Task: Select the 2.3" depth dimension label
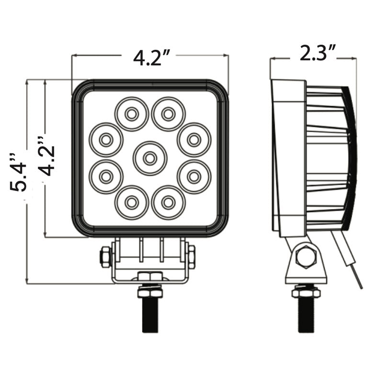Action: coord(317,53)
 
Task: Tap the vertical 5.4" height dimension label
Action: coord(18,173)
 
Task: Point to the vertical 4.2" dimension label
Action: coord(46,156)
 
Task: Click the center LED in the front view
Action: coord(150,158)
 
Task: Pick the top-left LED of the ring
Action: coord(132,114)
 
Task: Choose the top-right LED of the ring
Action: coord(169,114)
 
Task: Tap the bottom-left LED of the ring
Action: coord(132,203)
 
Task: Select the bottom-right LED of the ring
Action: coord(169,203)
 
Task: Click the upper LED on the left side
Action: coord(106,140)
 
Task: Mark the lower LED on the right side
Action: coord(194,177)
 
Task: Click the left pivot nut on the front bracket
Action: coord(106,257)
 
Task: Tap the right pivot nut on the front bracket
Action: coord(191,257)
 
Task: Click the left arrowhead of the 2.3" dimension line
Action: coord(272,58)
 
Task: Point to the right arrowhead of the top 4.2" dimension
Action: coord(225,56)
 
